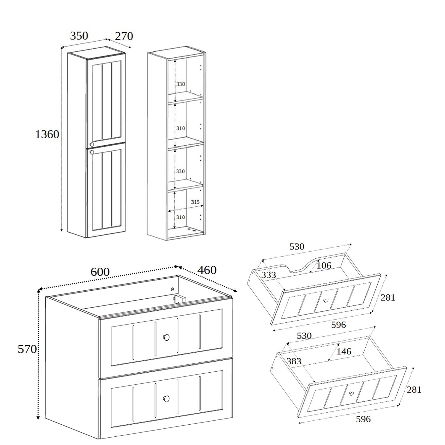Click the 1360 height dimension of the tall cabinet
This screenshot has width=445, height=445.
pos(47,134)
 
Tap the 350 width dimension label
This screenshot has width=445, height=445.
pos(79,36)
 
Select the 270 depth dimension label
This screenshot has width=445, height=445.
pos(124,36)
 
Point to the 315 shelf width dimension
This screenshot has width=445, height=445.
pos(195,202)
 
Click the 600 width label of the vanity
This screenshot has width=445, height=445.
pos(100,272)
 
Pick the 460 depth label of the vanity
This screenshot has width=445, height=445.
pos(207,270)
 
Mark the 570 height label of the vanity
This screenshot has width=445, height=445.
pos(27,349)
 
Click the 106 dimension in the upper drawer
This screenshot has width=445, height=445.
pos(324,265)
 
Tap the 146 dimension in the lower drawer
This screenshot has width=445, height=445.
pos(344,351)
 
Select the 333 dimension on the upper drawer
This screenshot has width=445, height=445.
pos(269,275)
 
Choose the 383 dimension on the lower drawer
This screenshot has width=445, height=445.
pos(294,361)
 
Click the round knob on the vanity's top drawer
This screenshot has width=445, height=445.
pos(166,337)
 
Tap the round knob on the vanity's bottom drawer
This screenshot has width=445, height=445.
pos(166,398)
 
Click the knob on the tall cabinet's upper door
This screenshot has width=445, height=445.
pos(92,144)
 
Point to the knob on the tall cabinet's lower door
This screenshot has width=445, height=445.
pos(92,152)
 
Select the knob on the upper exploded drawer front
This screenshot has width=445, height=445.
pos(326,301)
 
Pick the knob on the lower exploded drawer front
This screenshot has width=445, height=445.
pos(351,393)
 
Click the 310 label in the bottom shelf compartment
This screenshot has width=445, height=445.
pos(180,217)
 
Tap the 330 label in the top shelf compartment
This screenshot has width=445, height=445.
pos(180,84)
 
